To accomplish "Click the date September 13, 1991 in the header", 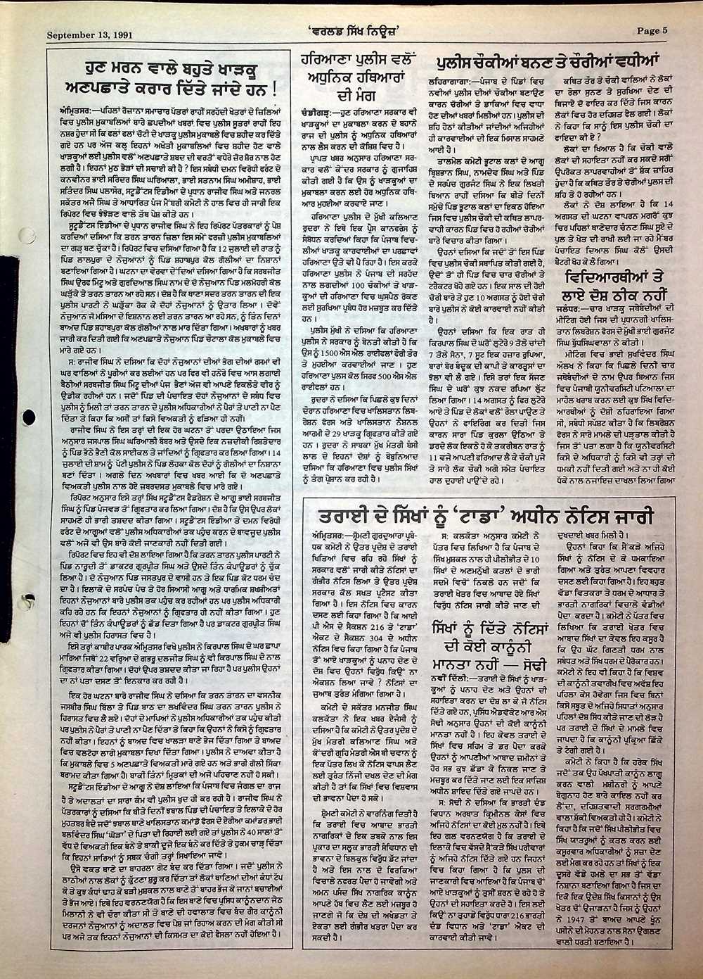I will [89, 32].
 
